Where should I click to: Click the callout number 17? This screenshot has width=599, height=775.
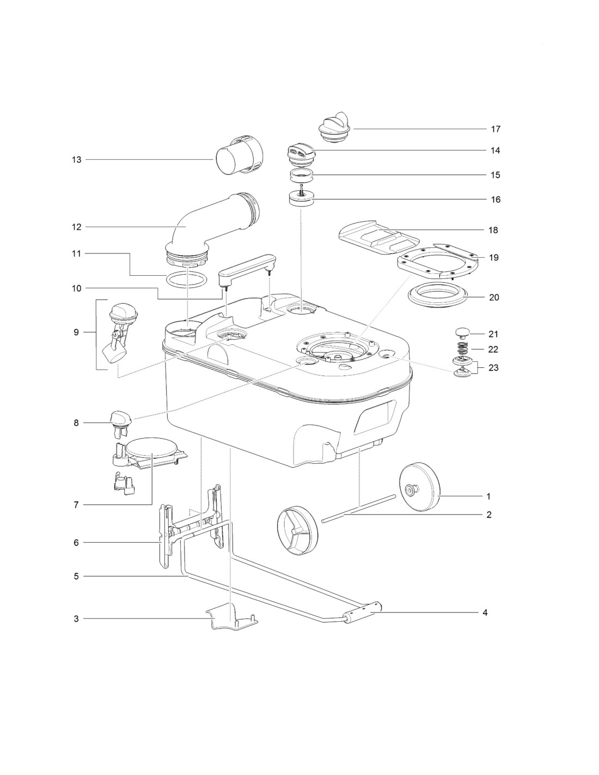495,129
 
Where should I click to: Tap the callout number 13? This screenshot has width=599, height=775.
76,160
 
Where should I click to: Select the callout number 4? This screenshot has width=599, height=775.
484,612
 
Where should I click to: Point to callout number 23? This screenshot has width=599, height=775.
493,367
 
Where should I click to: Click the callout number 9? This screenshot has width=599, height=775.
76,332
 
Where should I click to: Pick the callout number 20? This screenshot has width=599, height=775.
494,298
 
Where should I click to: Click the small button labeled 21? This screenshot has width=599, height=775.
462,332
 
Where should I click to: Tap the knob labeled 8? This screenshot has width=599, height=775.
119,419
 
